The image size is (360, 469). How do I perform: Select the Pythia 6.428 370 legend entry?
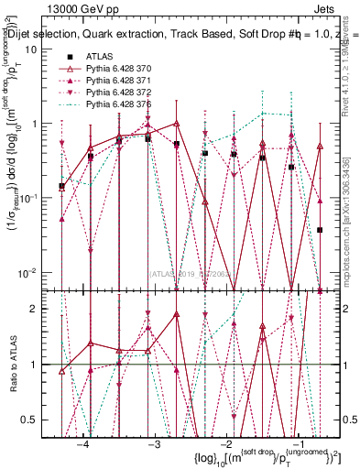pyautogui.click(x=129, y=70)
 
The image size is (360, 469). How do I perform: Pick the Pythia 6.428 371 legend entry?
pyautogui.click(x=129, y=82)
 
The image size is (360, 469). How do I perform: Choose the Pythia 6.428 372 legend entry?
pyautogui.click(x=129, y=93)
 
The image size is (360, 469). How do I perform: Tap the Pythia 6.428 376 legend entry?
pyautogui.click(x=129, y=105)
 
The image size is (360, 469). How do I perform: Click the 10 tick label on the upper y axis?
pyautogui.click(x=30, y=49)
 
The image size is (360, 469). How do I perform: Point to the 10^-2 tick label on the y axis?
pyautogui.click(x=27, y=272)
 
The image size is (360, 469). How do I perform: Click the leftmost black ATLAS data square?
pyautogui.click(x=61, y=187)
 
